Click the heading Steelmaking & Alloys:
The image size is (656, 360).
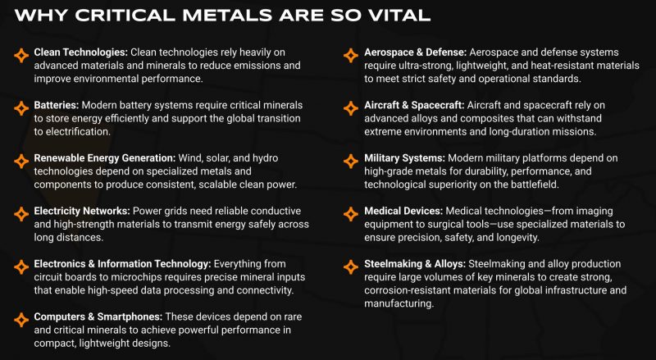coord(415,264)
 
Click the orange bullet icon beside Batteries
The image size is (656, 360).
coord(20,107)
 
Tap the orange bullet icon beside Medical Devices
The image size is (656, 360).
coord(349,212)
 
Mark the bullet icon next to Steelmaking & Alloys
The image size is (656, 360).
coord(349,265)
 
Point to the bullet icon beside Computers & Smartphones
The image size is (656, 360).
coord(20,317)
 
